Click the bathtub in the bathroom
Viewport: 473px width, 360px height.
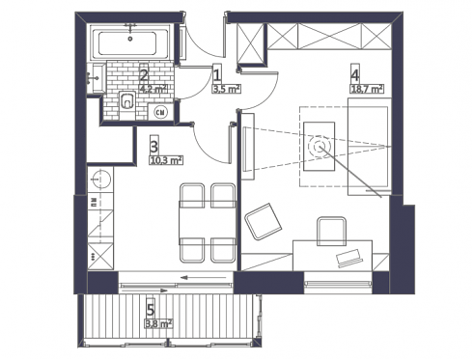[x=130, y=42]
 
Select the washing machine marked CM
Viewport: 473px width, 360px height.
[x=161, y=112]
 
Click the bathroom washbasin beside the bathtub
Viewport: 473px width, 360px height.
[x=95, y=78]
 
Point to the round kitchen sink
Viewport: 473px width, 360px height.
[x=101, y=179]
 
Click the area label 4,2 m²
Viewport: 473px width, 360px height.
[x=153, y=89]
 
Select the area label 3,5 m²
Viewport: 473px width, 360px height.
[x=227, y=89]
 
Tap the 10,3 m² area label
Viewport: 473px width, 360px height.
[x=166, y=160]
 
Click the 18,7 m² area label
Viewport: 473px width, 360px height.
[x=367, y=89]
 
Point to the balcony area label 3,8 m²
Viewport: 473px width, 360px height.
[x=158, y=323]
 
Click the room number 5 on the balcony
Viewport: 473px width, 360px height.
[x=151, y=310]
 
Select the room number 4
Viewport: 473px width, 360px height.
[x=355, y=75]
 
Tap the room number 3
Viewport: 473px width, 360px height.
[x=154, y=147]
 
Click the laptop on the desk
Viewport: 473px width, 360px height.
[x=348, y=258]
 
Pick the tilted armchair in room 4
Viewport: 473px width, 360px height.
[x=263, y=221]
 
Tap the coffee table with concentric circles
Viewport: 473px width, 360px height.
[x=320, y=147]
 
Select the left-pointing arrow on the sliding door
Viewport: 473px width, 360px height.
[x=204, y=277]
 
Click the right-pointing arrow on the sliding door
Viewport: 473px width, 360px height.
[x=145, y=291]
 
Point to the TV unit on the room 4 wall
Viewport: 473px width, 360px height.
[x=248, y=147]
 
